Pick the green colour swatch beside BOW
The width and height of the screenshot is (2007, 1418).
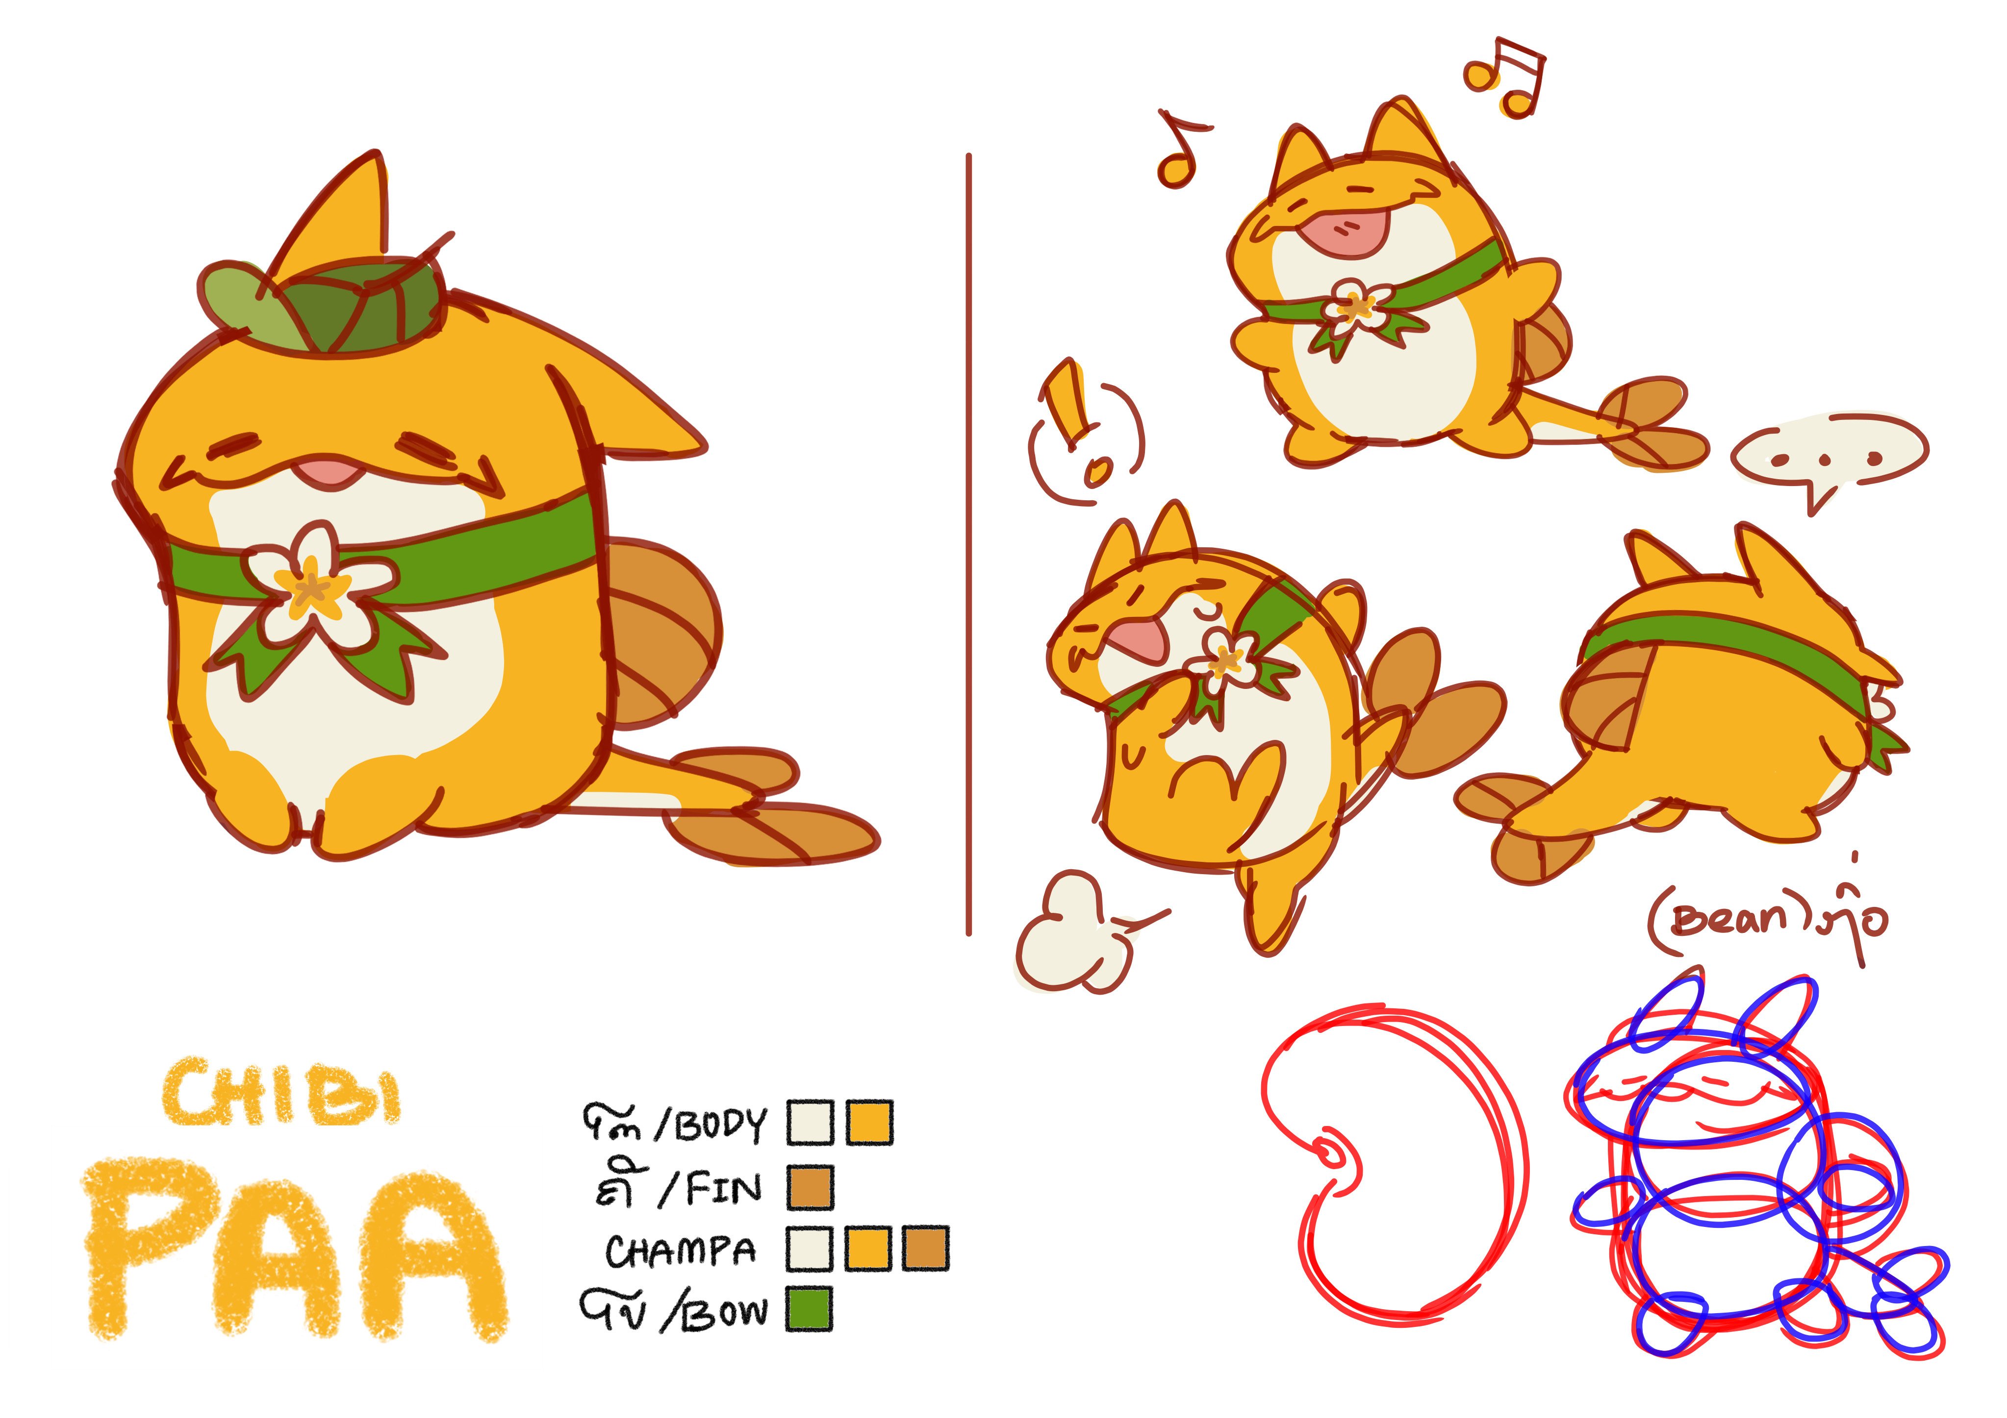click(809, 1309)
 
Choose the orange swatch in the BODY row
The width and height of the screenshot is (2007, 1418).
click(870, 1123)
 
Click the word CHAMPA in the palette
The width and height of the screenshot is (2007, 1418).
click(681, 1251)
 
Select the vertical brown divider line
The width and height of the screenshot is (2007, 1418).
click(968, 542)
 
